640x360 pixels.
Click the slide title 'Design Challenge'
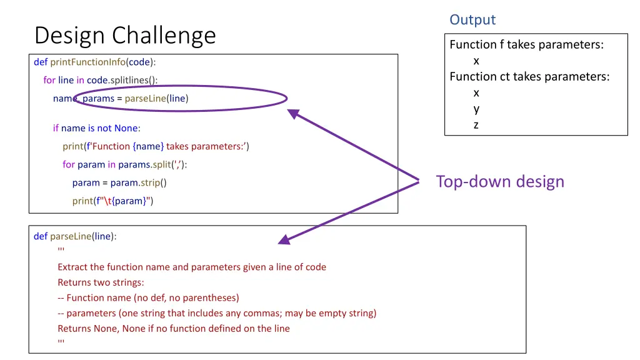coord(125,35)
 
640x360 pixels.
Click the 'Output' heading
coord(472,20)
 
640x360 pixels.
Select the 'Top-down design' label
coord(500,181)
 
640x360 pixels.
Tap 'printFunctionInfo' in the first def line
coord(87,62)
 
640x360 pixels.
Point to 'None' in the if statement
coord(126,128)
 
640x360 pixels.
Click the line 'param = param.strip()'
coord(119,182)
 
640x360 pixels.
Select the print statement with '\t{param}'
coord(112,201)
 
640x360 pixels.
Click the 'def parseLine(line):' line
coord(75,236)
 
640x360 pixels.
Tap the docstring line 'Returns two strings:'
coord(101,282)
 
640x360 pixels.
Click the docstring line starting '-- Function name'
coord(148,297)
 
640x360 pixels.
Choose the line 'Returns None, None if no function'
coord(174,328)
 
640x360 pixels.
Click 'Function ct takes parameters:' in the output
coord(529,77)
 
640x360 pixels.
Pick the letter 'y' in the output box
coord(476,109)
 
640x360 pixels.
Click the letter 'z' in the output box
coord(476,125)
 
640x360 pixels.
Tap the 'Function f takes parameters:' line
coord(526,44)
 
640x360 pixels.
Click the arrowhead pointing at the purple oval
coord(292,114)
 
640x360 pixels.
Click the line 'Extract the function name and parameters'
coord(192,267)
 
